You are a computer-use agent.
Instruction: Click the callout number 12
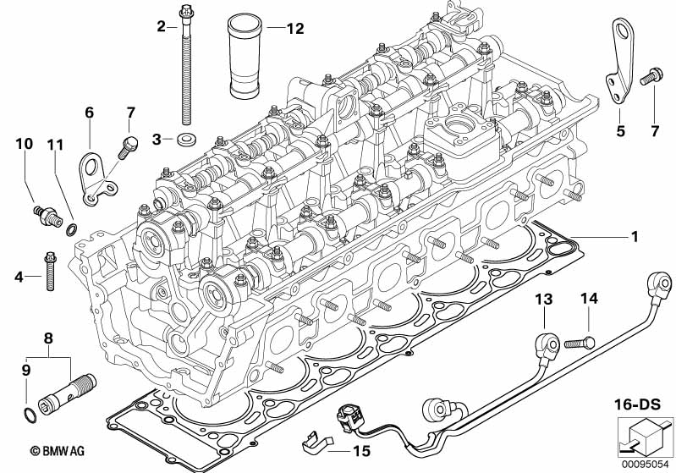tap(294, 28)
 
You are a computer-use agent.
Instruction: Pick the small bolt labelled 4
tap(49, 268)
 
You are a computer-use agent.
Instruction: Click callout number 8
tap(48, 338)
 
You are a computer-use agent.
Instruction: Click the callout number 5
tap(619, 131)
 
